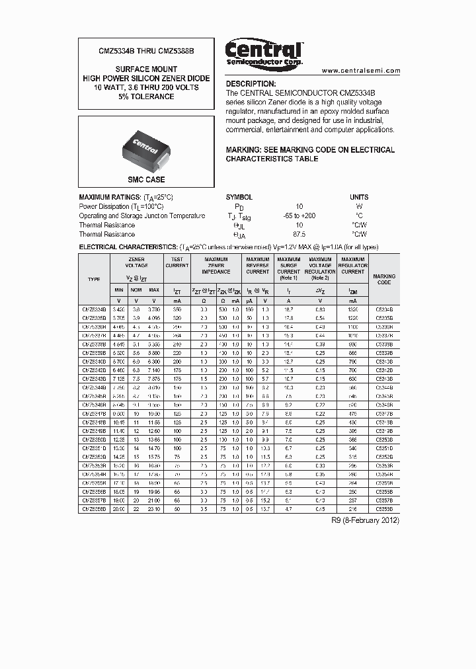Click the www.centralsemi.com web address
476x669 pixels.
pos(362,70)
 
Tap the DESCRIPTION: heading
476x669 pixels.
pos(251,84)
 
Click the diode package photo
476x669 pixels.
pos(146,147)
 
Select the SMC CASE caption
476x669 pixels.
pos(146,179)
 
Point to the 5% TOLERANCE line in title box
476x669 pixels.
pos(146,97)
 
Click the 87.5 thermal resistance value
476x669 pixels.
pos(299,234)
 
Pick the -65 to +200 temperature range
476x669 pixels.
pos(299,216)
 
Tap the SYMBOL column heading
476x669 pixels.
pos(239,197)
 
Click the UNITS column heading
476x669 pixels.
pos(359,197)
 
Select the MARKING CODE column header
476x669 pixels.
pos(384,280)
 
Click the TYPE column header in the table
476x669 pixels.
pos(94,280)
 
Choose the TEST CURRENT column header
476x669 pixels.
pos(177,262)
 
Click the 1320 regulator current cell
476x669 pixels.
pos(352,309)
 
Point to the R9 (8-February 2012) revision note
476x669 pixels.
pos(365,520)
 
